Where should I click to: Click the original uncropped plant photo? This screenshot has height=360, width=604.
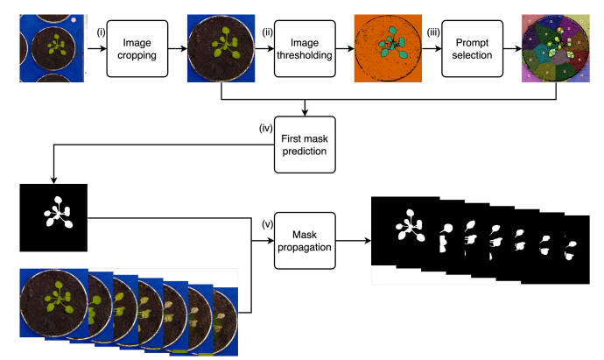[53, 47]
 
